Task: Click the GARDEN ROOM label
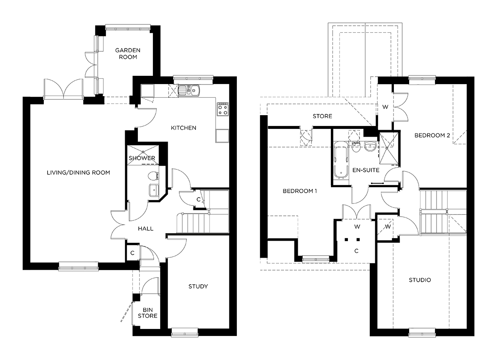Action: (128, 53)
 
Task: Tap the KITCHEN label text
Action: (183, 128)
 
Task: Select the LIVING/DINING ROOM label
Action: (78, 172)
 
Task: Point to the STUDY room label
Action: (198, 286)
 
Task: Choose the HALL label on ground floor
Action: (145, 228)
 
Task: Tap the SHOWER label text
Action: (142, 158)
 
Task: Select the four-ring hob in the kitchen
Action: (222, 109)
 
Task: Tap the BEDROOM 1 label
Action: (299, 191)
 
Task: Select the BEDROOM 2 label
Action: (432, 135)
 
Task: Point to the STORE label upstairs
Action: (322, 116)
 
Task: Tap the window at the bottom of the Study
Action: (184, 331)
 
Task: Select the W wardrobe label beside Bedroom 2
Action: (385, 107)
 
